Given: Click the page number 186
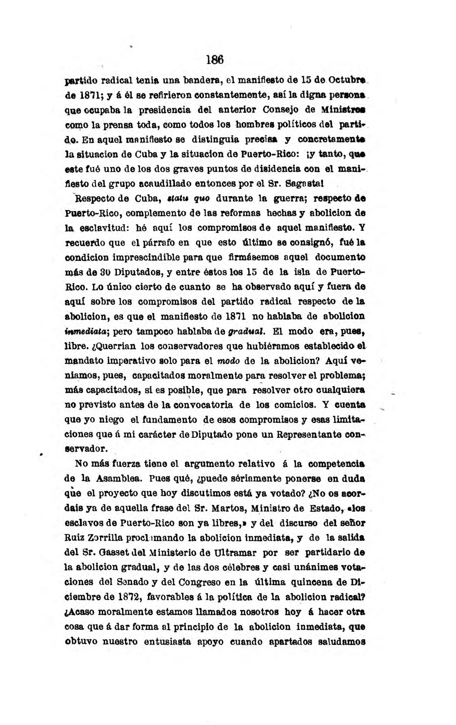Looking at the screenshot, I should pyautogui.click(x=215, y=60).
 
